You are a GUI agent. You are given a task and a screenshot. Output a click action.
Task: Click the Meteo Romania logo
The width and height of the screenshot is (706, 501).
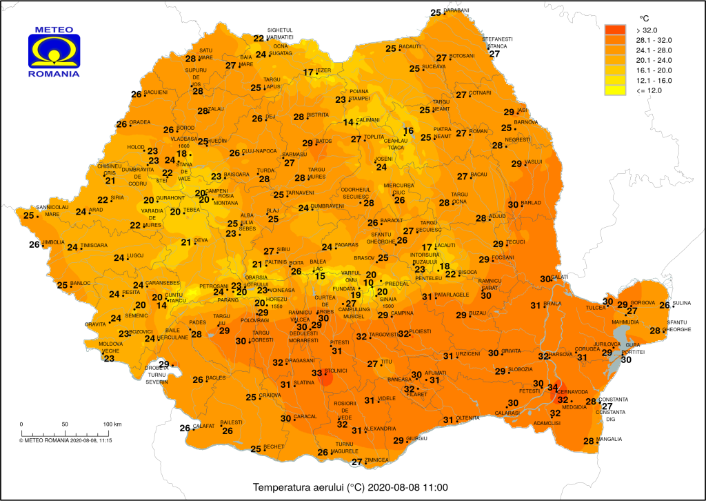pos(53,51)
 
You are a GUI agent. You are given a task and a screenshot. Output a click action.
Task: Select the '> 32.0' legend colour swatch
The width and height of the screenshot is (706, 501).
pos(615,30)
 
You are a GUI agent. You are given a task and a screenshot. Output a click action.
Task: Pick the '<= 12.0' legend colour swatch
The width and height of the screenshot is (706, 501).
pos(615,90)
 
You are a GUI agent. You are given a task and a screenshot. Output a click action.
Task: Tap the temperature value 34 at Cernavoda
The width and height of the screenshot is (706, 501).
pos(552,387)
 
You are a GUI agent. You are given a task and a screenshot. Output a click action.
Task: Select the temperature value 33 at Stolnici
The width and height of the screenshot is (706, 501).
pos(316,373)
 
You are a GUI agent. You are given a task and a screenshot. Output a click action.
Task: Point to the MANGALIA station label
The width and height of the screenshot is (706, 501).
pos(609,440)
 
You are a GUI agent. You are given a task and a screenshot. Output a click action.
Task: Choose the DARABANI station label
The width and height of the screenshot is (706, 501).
pos(456,11)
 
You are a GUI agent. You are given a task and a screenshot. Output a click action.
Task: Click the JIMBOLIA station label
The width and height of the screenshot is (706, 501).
pos(54,242)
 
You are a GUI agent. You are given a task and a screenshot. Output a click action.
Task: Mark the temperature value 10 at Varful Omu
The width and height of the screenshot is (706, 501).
pos(369,283)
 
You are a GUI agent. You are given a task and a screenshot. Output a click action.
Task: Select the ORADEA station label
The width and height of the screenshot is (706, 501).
pos(140,123)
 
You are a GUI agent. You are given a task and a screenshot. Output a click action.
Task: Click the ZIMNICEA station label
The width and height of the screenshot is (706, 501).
pos(379,460)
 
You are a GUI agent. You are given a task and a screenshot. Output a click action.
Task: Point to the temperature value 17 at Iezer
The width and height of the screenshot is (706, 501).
pos(308,72)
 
